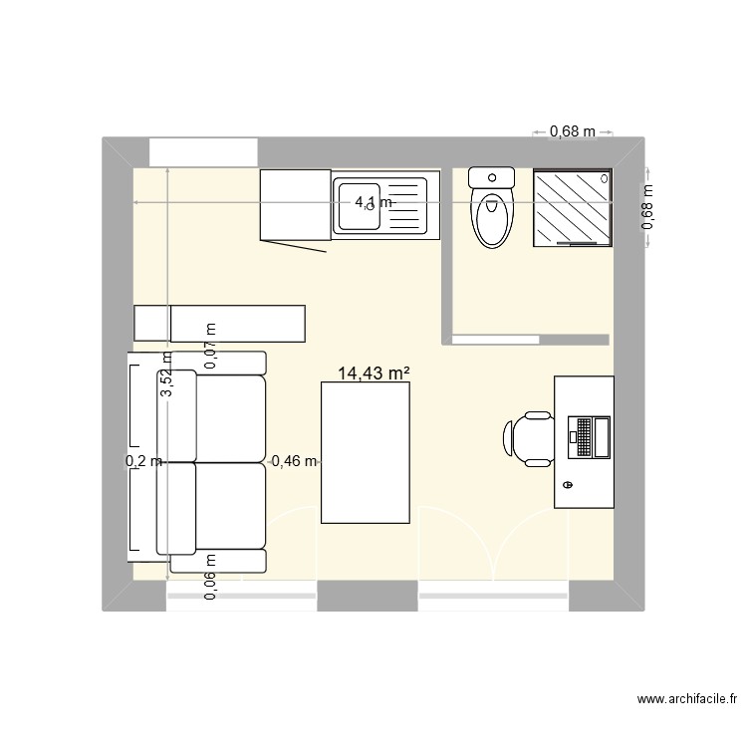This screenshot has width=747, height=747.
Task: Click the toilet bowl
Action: [491, 219]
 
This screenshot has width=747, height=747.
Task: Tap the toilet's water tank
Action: [491, 178]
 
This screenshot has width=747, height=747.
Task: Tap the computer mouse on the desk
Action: [568, 485]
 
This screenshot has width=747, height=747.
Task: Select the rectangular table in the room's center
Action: [367, 454]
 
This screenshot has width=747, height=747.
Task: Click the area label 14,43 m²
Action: [374, 373]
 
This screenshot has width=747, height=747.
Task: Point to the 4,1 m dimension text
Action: [374, 202]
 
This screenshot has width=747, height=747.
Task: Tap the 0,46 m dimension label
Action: [294, 461]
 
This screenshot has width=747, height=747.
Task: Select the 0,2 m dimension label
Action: [142, 461]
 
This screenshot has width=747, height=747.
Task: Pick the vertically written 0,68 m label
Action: [647, 207]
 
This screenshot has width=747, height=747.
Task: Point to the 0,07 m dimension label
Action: [210, 347]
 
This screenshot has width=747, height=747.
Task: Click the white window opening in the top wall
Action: [203, 152]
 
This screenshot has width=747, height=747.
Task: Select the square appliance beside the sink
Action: [294, 204]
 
